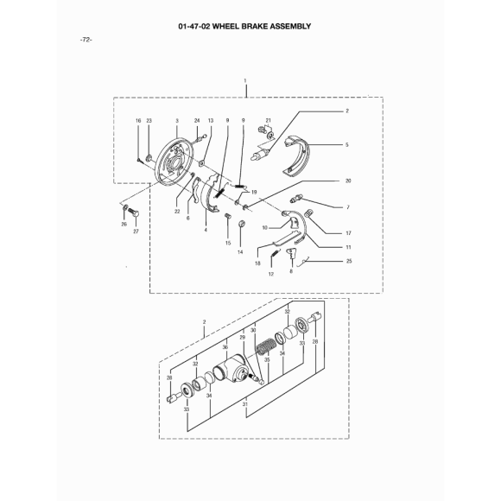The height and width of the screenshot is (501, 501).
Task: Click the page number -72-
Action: [86, 40]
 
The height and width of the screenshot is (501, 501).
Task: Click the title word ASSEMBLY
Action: [290, 26]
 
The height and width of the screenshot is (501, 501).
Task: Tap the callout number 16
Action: [138, 121]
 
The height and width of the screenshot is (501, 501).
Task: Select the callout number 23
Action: [149, 121]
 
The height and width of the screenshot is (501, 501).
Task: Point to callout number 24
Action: [197, 120]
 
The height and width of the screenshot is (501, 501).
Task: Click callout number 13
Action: [211, 120]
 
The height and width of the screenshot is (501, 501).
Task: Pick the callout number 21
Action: [269, 120]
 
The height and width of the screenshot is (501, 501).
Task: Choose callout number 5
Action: [347, 145]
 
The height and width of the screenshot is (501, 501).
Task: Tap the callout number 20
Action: [348, 181]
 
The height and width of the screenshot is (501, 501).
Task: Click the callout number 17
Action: [348, 233]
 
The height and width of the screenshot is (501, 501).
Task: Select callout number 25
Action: [349, 261]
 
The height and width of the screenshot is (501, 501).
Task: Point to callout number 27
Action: [136, 231]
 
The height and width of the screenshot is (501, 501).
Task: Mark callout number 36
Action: [225, 347]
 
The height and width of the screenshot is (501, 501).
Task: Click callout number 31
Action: [245, 404]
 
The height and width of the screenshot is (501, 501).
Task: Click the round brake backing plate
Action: [173, 165]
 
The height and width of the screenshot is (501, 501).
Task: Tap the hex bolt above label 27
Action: [133, 212]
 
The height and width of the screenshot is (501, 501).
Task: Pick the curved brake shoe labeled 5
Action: [297, 155]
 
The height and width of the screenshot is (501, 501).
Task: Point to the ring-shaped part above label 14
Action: [242, 224]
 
